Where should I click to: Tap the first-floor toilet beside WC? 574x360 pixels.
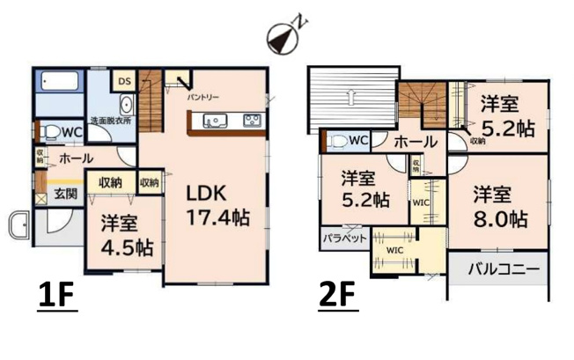point(54,133)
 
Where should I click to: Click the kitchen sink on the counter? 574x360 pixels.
point(214,121)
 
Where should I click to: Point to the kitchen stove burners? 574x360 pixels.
point(251,121)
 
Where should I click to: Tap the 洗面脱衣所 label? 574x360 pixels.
point(110,121)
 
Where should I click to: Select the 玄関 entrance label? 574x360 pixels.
point(64,193)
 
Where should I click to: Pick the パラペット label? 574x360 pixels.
point(337,239)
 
